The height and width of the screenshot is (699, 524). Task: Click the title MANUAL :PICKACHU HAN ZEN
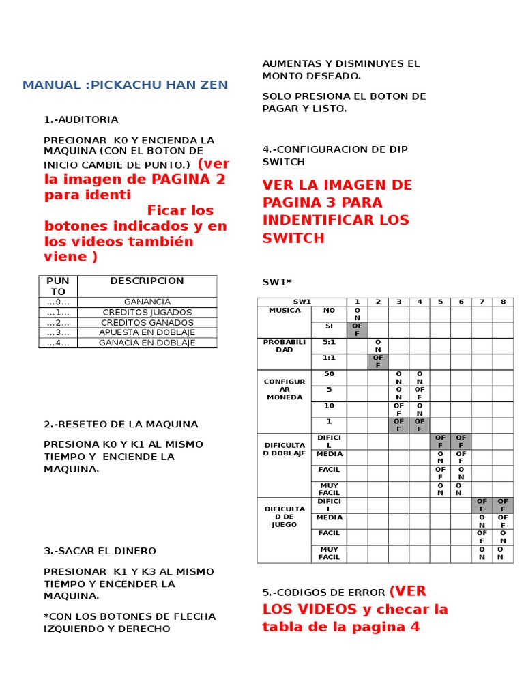pyautogui.click(x=125, y=85)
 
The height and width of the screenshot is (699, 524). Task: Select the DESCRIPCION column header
pyautogui.click(x=147, y=281)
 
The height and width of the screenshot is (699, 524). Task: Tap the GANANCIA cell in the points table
pyautogui.click(x=147, y=302)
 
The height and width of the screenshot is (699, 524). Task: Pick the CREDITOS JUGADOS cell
pyautogui.click(x=147, y=312)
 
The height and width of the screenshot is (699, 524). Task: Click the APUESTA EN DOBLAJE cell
pyautogui.click(x=147, y=332)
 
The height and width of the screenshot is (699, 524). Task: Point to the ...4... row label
pyautogui.click(x=58, y=343)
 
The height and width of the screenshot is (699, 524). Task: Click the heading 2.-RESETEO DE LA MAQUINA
pyautogui.click(x=121, y=424)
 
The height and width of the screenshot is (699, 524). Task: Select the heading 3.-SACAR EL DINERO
pyautogui.click(x=100, y=551)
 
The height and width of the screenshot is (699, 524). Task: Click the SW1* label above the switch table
pyautogui.click(x=277, y=282)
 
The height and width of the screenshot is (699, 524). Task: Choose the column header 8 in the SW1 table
pyautogui.click(x=503, y=302)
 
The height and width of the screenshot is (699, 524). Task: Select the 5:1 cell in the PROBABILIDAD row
pyautogui.click(x=329, y=342)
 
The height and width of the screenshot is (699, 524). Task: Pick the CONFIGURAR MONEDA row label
pyautogui.click(x=285, y=389)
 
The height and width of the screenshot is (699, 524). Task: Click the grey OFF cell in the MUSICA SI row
pyautogui.click(x=357, y=330)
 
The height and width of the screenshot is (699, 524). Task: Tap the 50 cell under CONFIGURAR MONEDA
pyautogui.click(x=329, y=374)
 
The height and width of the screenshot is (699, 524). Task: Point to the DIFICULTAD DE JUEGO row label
pyautogui.click(x=285, y=516)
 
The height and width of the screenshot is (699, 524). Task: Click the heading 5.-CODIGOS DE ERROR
pyautogui.click(x=324, y=592)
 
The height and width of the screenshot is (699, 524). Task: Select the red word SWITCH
pyautogui.click(x=293, y=238)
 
